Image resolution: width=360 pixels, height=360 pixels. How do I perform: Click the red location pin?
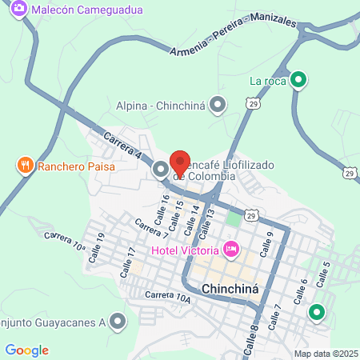pyautogui.click(x=180, y=163)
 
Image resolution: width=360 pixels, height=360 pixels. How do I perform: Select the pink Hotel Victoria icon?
pyautogui.click(x=231, y=249)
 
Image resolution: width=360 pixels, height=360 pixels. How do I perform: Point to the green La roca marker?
pyautogui.click(x=298, y=80)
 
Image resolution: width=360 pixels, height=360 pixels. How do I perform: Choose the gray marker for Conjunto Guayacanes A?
pyautogui.click(x=118, y=322)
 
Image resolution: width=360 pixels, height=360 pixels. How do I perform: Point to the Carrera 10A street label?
pyautogui.click(x=168, y=297)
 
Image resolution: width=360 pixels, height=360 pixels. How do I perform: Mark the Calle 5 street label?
pyautogui.click(x=323, y=274)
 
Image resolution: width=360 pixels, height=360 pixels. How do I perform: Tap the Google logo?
pyautogui.click(x=26, y=350)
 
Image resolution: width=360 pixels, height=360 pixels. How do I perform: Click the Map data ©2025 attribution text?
pyautogui.click(x=326, y=354)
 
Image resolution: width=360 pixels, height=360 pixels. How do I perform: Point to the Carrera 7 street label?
pyautogui.click(x=151, y=230)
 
